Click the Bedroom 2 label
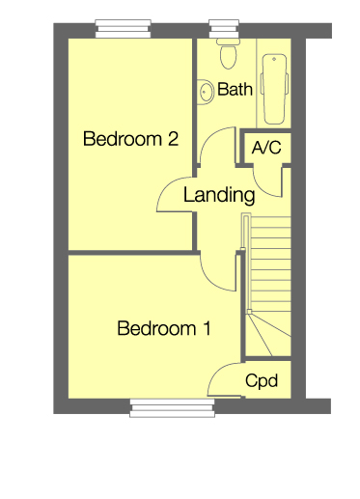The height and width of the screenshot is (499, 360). [130, 139]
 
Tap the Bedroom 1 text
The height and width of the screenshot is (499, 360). [163, 329]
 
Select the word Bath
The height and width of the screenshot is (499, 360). [235, 90]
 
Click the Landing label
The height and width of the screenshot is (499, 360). [219, 195]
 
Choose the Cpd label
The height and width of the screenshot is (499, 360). [262, 381]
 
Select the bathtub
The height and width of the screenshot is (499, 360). [276, 87]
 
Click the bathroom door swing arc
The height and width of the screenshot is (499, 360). [211, 150]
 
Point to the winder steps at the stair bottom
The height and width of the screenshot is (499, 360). [268, 333]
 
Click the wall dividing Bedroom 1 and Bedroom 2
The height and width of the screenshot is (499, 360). [130, 252]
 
